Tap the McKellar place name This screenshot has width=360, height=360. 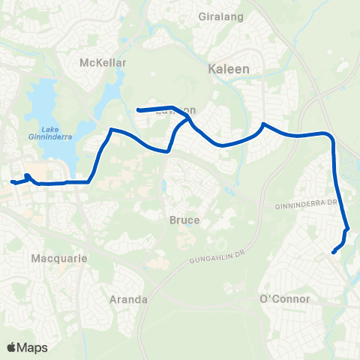(103, 63)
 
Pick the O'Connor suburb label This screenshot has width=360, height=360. (284, 298)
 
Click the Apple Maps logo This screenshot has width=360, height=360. (27, 347)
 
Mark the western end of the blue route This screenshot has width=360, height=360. (12, 181)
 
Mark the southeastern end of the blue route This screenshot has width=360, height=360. (333, 252)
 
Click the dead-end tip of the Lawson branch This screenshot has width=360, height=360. (138, 111)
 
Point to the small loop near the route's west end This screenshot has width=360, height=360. (27, 177)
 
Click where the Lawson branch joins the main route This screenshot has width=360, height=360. (187, 118)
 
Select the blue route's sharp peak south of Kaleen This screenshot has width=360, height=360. (263, 124)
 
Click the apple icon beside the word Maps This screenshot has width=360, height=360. (11, 347)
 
